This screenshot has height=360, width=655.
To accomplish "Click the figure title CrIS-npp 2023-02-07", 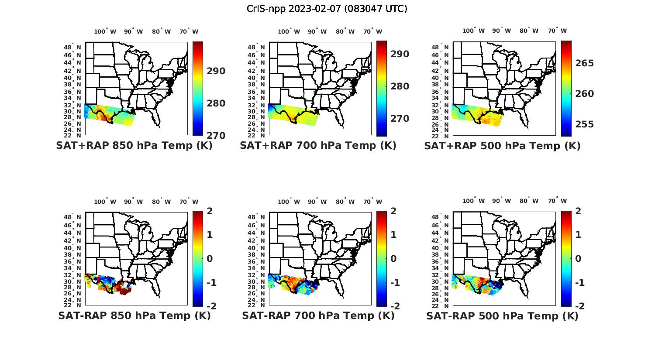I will coord(327,9).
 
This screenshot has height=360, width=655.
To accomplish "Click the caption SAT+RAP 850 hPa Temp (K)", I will coord(134,146).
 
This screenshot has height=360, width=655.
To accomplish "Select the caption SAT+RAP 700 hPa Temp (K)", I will coord(318,146).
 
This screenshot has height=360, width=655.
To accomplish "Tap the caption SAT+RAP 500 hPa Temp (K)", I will coord(502,146).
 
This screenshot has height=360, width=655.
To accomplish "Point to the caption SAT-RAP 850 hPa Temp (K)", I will coord(134,316).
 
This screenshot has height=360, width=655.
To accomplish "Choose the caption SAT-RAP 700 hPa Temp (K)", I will coord(318,316).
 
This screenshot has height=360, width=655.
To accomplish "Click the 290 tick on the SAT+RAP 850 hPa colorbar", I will coord(216,71).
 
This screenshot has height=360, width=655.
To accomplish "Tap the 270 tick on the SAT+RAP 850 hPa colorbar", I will coord(216,135).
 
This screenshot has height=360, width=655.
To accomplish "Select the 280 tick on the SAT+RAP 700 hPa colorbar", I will coord(400,86).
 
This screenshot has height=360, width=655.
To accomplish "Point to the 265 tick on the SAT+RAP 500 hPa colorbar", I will coord(585,63).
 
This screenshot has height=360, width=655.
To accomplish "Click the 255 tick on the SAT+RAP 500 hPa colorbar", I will coord(585,124).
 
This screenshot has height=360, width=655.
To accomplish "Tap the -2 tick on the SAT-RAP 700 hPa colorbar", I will coord(395,306).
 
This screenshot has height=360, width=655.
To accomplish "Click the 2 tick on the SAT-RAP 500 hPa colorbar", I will coord(579,211).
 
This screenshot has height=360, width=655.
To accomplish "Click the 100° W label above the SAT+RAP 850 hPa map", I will coord(105,31).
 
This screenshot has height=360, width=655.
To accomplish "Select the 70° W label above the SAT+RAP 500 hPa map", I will coord(557,31).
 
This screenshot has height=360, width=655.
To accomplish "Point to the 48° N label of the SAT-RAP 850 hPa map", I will coord(73,217).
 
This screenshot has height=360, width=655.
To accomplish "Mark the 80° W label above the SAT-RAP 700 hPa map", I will coord(345,202).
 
